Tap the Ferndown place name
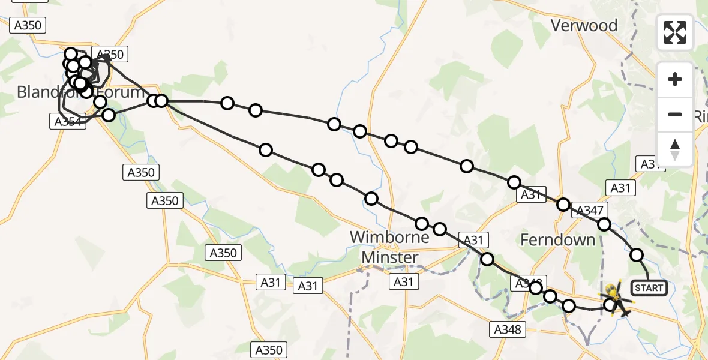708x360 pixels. [x=558, y=240]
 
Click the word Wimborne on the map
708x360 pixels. [x=389, y=237]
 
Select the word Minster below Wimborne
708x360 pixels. [x=390, y=257]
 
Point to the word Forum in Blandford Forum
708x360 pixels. [x=122, y=92]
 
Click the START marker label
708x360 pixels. [x=649, y=288]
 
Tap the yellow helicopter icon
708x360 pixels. [x=615, y=298]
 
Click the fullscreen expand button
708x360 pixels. [x=675, y=32]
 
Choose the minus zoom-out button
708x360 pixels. [x=675, y=114]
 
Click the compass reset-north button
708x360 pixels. [x=675, y=149]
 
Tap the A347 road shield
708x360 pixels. [x=592, y=210]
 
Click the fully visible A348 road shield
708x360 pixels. [x=508, y=329]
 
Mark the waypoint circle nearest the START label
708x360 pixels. [x=637, y=255]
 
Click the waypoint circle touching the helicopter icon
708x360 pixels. [x=610, y=305]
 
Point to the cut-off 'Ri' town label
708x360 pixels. [x=700, y=116]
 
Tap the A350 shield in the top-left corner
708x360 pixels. [x=28, y=25]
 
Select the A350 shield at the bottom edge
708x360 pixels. [x=268, y=350]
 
